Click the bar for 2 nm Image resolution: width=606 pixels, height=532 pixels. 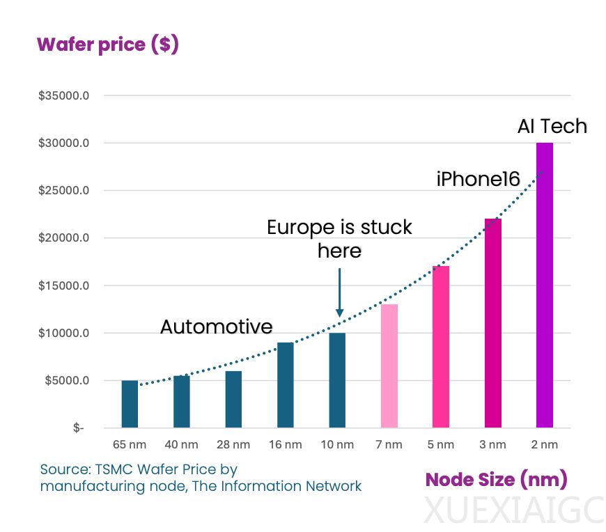[x=544, y=285]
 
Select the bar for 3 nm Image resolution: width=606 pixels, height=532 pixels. [x=492, y=323]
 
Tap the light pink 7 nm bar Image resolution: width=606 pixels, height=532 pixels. [x=389, y=366]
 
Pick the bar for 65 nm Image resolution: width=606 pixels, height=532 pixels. [x=130, y=404]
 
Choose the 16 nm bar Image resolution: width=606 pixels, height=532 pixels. [x=286, y=384]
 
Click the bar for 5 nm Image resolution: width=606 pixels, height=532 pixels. [x=440, y=347]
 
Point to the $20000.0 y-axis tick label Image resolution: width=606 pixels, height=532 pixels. [x=63, y=238]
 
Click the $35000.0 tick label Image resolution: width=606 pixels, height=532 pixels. [x=63, y=95]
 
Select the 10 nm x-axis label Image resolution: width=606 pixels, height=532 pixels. [x=337, y=445]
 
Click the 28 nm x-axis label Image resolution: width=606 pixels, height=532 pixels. [x=233, y=445]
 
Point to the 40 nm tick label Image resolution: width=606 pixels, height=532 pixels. [x=181, y=445]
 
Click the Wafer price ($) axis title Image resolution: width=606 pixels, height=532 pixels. [x=108, y=45]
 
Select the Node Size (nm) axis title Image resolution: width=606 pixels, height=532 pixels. [x=496, y=479]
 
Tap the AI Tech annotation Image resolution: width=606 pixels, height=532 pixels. [x=552, y=126]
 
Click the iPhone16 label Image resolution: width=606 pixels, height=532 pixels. [x=478, y=180]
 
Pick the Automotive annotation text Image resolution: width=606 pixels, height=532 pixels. [x=216, y=327]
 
